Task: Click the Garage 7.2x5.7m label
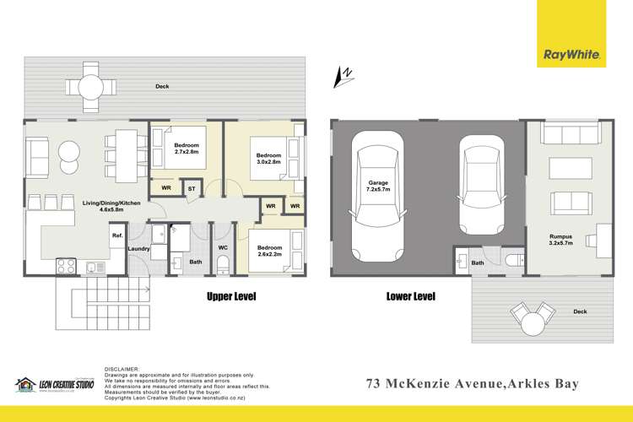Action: coord(376,187)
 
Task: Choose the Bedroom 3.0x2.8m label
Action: coord(268,160)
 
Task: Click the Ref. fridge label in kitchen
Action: coord(117,235)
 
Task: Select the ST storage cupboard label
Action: coord(192,189)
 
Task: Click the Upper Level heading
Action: coord(231,296)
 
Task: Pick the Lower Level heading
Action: coord(410,296)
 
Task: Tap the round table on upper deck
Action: coord(91,86)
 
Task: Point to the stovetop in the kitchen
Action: coord(66,267)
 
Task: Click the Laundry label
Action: coord(138,249)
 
